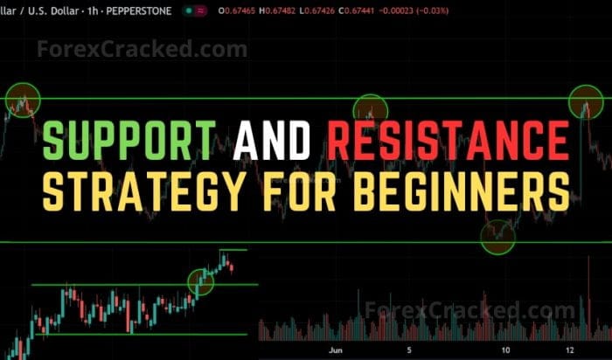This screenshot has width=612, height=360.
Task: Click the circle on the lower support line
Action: pos(497,236)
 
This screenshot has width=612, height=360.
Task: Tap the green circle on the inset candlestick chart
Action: pos(200,280)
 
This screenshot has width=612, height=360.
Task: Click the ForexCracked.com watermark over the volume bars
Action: pos(470,310)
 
